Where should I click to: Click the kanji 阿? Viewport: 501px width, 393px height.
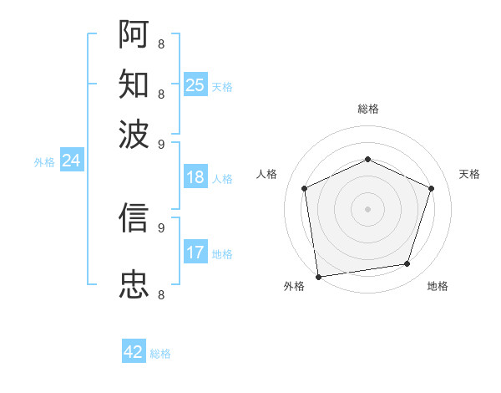pyautogui.click(x=134, y=35)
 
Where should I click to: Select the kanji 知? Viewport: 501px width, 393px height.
pyautogui.click(x=134, y=85)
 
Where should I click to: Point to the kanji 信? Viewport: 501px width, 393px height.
pyautogui.click(x=134, y=217)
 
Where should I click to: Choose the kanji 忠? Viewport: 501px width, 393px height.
pyautogui.click(x=134, y=284)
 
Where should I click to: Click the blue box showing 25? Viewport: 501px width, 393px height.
pyautogui.click(x=195, y=84)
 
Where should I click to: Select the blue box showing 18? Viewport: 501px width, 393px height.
pyautogui.click(x=195, y=177)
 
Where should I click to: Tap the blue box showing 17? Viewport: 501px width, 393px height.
pyautogui.click(x=195, y=252)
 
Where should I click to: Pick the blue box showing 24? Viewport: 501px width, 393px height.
pyautogui.click(x=71, y=161)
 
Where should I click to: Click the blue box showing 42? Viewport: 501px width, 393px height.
pyautogui.click(x=134, y=352)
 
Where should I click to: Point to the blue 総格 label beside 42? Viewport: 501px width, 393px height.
pyautogui.click(x=160, y=354)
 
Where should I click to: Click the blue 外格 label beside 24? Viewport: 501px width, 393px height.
pyautogui.click(x=44, y=162)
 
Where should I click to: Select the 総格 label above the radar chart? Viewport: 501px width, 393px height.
pyautogui.click(x=367, y=109)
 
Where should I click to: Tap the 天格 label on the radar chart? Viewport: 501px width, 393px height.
pyautogui.click(x=469, y=174)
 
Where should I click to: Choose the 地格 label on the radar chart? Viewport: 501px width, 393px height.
pyautogui.click(x=438, y=287)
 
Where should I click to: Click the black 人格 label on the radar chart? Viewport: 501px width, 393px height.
pyautogui.click(x=267, y=174)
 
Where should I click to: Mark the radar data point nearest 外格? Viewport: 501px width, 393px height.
pyautogui.click(x=318, y=276)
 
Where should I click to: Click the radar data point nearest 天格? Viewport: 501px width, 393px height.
pyautogui.click(x=431, y=188)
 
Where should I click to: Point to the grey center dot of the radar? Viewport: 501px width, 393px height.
pyautogui.click(x=367, y=208)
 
